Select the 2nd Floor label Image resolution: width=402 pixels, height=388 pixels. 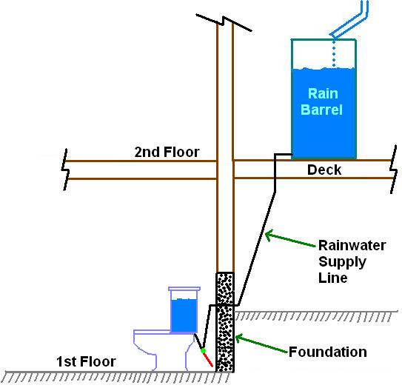pos(167,153)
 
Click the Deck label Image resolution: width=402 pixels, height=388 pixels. pos(324,170)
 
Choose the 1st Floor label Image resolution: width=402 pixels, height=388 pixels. pos(86,362)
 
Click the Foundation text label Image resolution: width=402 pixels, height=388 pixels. pos(328,352)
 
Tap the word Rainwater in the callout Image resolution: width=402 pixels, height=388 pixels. pos(351,246)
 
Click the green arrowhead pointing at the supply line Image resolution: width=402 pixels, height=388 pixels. pos(271,235)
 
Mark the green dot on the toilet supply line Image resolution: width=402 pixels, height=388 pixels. pos(202,347)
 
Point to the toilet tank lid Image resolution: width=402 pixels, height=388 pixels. pos(184,291)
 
